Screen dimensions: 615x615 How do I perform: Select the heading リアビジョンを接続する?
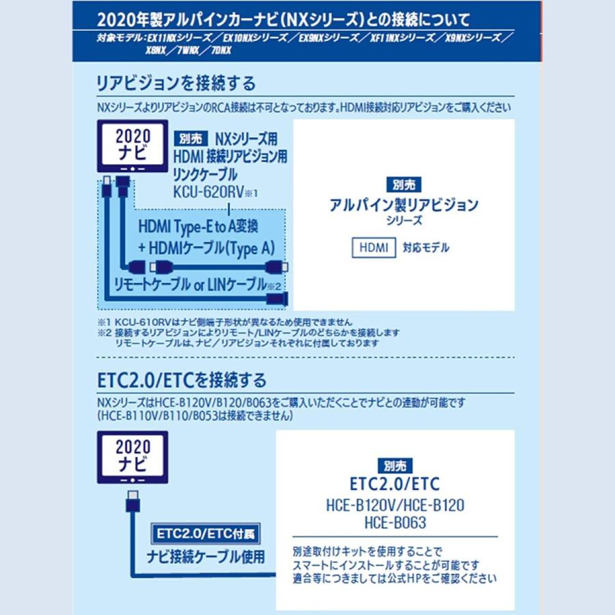[x=176, y=83]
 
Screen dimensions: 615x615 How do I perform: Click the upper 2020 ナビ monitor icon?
[x=133, y=146]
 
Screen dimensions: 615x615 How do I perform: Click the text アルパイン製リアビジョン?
[x=403, y=204]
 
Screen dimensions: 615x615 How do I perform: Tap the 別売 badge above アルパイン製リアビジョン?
[x=403, y=184]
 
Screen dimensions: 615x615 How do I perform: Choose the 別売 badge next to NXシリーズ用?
[x=191, y=137]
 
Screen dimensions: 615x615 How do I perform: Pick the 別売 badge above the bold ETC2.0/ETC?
[x=394, y=465]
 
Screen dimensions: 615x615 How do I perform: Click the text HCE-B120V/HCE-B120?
[x=395, y=506]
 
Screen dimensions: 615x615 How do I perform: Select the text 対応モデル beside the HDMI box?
[x=427, y=247]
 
